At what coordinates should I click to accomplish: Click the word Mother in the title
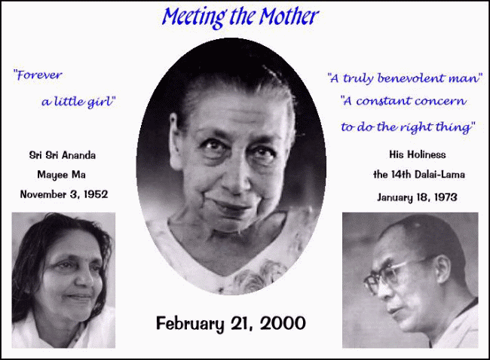coord(289,17)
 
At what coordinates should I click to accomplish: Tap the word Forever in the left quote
coord(38,75)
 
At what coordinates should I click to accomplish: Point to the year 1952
coord(96,194)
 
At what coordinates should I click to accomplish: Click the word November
coord(44,194)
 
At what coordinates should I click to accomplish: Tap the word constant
coord(384,101)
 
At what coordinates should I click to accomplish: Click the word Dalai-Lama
coord(439,174)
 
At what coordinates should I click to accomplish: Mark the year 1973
coord(446,197)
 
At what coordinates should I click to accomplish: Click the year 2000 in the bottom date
coord(283,323)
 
